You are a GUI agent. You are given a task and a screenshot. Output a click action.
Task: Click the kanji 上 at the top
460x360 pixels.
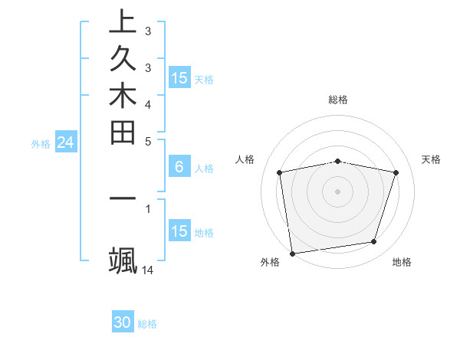[x=123, y=21]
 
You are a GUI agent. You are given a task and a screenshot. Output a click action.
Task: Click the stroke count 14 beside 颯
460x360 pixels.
[x=148, y=270]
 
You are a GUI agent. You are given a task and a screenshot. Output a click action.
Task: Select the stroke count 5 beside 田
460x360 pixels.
[x=148, y=141]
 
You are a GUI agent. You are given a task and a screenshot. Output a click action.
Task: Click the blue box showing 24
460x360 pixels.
[x=66, y=142]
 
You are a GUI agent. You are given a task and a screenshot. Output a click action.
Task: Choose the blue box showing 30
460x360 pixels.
[x=123, y=322]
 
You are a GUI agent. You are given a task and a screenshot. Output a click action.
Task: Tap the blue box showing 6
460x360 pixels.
[x=179, y=168]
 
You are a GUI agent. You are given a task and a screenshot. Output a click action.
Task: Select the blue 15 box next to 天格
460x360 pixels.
[x=179, y=78]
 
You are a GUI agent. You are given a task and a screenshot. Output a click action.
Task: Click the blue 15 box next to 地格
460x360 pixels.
[x=179, y=231]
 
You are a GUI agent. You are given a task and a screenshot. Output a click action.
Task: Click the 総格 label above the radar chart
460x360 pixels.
[x=338, y=100]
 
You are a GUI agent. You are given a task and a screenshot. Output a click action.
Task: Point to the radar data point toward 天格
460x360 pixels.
[x=396, y=172]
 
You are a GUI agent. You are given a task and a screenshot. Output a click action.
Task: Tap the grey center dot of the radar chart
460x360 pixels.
[x=338, y=191]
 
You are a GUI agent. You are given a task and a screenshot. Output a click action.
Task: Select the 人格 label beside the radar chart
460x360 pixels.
[x=245, y=159]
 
